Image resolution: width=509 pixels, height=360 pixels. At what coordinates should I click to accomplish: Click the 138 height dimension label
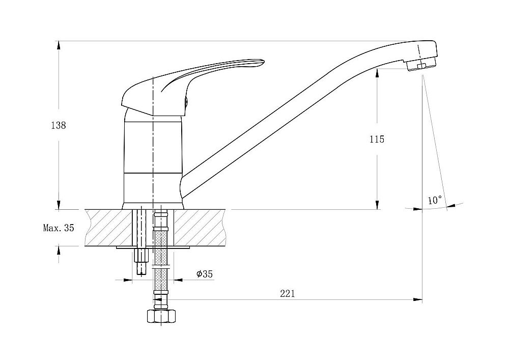tap(59, 125)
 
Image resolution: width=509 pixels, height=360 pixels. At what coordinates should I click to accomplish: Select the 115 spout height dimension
tap(377, 139)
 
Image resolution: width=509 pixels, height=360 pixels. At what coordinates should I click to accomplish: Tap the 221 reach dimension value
tap(287, 293)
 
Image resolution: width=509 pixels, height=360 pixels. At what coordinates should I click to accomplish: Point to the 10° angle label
tap(435, 200)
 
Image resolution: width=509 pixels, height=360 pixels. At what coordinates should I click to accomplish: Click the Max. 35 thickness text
tap(59, 228)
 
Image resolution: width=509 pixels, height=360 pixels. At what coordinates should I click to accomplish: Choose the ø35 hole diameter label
tap(205, 274)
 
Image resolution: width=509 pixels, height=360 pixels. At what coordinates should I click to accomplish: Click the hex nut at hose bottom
tap(161, 316)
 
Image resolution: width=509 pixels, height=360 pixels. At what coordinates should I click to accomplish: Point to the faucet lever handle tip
tap(262, 62)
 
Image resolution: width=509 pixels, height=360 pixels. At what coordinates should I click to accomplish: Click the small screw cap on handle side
tap(186, 102)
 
